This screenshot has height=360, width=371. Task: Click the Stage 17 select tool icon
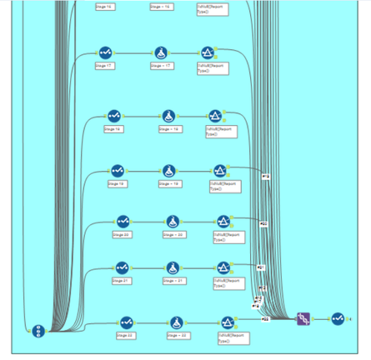click(105, 52)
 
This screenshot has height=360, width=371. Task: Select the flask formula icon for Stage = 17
click(161, 52)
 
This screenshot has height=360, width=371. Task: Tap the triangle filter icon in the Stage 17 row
click(208, 52)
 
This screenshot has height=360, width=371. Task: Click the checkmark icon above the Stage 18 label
click(114, 116)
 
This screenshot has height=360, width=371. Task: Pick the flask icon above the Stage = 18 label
click(169, 116)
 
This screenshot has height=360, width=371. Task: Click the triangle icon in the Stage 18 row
click(215, 116)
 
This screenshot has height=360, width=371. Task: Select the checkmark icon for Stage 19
click(119, 170)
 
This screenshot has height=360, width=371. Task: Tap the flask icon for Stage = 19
click(169, 170)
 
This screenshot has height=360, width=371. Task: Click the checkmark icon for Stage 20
click(123, 221)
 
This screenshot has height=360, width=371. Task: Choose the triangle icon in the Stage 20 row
click(223, 221)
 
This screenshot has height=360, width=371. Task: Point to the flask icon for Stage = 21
click(173, 267)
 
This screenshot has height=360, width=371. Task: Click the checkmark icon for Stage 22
click(126, 322)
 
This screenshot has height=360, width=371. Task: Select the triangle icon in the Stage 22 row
click(228, 322)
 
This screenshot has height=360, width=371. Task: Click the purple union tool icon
click(304, 318)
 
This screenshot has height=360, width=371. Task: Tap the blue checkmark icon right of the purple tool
click(337, 318)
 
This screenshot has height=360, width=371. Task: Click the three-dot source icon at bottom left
click(38, 331)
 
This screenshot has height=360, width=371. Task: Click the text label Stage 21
click(122, 281)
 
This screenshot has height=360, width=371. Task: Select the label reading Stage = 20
click(173, 235)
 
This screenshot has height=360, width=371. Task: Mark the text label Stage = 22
click(177, 335)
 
